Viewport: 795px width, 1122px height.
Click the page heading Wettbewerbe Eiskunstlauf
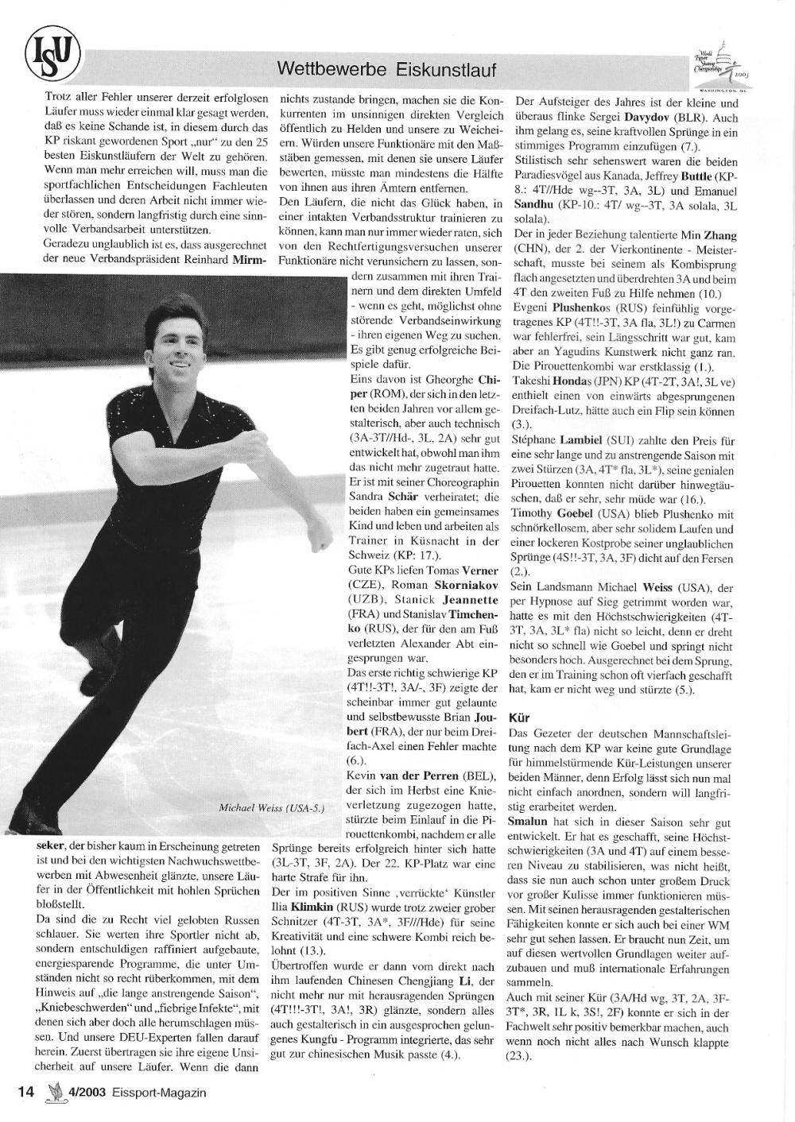coord(386,70)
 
